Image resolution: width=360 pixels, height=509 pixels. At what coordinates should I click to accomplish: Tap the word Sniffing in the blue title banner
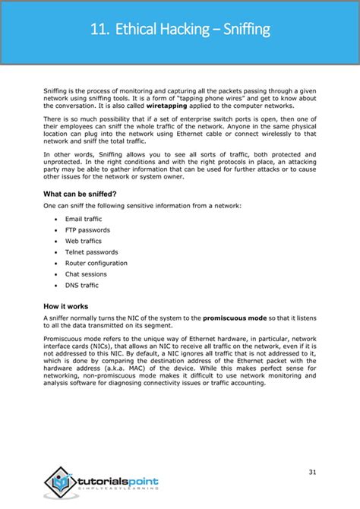[242, 30]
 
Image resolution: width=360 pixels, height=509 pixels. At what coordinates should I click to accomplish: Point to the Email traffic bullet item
[84, 219]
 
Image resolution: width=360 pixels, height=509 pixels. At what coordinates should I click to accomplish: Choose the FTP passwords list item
[87, 229]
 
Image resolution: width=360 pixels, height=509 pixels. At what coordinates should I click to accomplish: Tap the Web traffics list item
[84, 241]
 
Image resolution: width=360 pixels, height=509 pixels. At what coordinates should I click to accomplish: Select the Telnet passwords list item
[91, 251]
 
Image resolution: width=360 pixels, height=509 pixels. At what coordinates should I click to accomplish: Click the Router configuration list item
[96, 263]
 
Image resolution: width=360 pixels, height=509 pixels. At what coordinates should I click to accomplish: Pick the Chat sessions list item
[86, 273]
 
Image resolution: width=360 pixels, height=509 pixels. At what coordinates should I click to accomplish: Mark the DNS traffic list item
[82, 285]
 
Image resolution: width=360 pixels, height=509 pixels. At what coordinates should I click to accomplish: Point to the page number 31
[312, 473]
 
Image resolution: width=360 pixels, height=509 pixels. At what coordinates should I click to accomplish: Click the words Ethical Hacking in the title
[162, 30]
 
